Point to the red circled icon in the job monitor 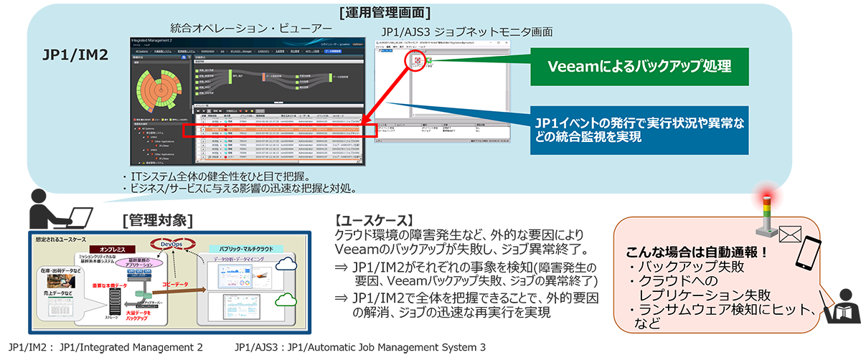pyautogui.click(x=417, y=62)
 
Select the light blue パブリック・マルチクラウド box pyautogui.click(x=248, y=247)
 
